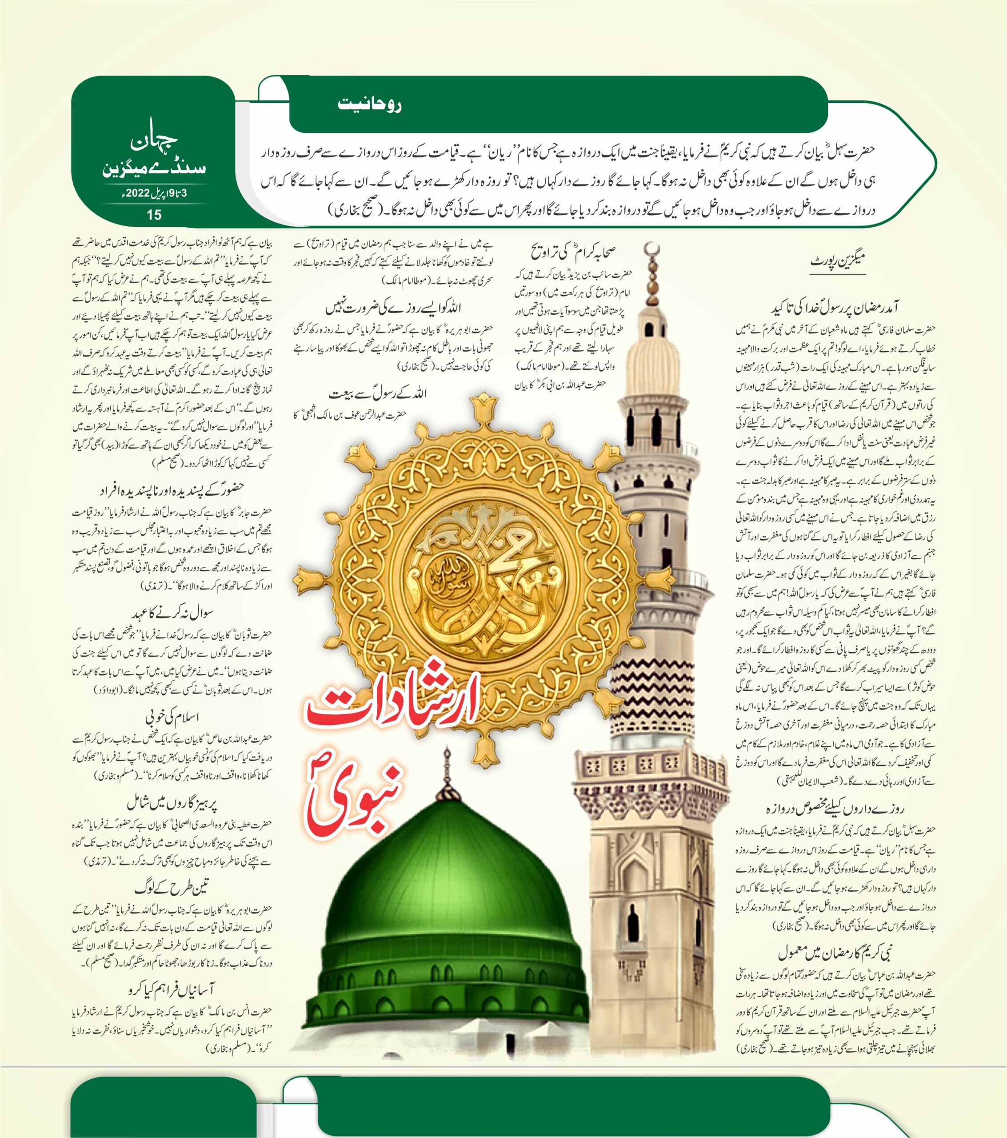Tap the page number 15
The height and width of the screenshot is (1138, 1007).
154,214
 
